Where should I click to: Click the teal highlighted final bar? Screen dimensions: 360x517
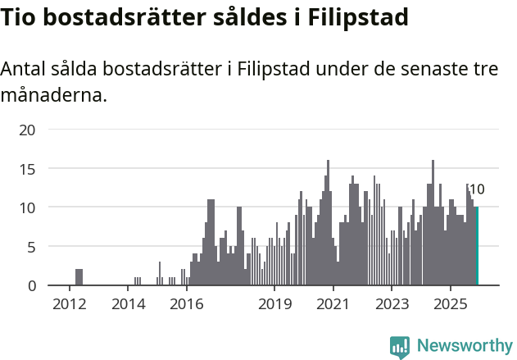click(477, 246)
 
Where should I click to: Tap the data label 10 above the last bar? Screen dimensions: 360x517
click(476, 189)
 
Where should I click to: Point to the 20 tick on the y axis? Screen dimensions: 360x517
click(27, 130)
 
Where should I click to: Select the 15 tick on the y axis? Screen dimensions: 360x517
click(27, 169)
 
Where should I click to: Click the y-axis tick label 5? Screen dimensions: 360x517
click(31, 247)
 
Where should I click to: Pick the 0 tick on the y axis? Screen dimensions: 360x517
click(31, 286)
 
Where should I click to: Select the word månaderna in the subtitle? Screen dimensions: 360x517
click(53, 96)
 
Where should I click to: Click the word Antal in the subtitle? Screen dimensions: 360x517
click(24, 70)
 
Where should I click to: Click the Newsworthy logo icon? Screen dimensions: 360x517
click(400, 347)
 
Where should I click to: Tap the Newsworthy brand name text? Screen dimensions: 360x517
click(464, 346)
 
